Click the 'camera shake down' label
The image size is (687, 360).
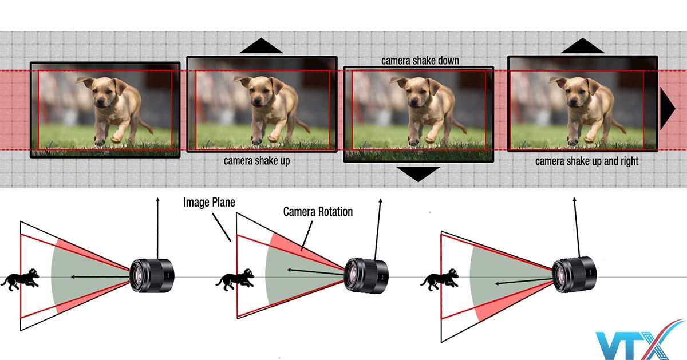(x=420, y=61)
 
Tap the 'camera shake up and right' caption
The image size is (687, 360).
(x=587, y=161)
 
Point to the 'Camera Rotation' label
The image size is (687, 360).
(x=318, y=212)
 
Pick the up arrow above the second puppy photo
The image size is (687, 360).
(x=261, y=46)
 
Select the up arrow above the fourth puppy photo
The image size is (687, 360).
(x=582, y=46)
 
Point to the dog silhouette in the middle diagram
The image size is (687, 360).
(x=235, y=279)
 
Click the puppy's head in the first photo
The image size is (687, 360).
(x=102, y=92)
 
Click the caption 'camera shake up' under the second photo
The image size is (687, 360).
(x=256, y=161)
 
